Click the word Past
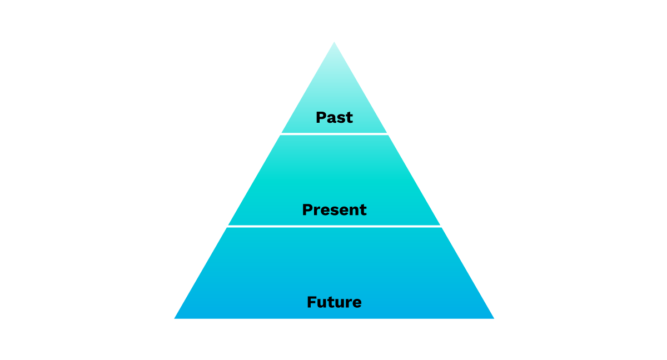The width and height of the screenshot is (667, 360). [334, 117]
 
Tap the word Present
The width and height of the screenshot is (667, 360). [334, 209]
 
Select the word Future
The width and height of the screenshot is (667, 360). [334, 302]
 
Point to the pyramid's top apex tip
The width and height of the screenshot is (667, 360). [334, 42]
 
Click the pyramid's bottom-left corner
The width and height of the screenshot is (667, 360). [175, 319]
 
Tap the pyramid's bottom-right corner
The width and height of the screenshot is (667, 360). [494, 319]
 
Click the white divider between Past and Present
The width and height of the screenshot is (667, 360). [334, 134]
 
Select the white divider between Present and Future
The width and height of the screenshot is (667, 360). [334, 227]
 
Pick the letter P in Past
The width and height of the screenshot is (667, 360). [321, 117]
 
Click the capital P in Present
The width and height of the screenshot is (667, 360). [307, 209]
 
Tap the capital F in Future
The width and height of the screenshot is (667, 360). [311, 302]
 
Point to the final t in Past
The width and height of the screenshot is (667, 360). [349, 118]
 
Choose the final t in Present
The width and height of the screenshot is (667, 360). [362, 210]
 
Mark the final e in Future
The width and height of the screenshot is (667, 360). [357, 303]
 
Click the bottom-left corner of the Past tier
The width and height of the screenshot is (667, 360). [282, 132]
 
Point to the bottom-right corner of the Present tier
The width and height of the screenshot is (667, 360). [440, 225]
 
